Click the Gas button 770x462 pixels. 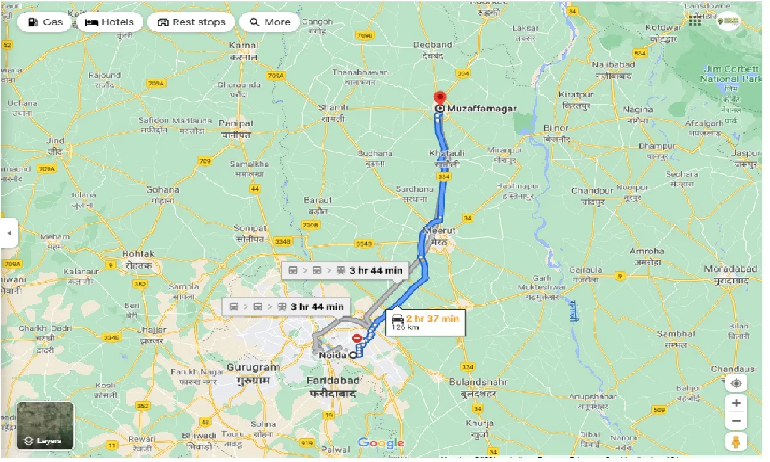[x=46, y=22]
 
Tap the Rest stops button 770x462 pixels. [x=191, y=22]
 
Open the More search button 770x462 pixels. [x=269, y=22]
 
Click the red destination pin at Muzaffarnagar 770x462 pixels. [x=440, y=98]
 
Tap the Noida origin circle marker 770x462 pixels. [x=352, y=355]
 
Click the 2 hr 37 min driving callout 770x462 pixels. [x=425, y=322]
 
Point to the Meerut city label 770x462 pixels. [x=440, y=230]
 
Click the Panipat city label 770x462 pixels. [x=236, y=123]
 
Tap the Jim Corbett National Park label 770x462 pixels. [x=731, y=74]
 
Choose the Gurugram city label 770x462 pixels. [x=253, y=367]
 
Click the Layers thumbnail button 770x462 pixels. [x=46, y=426]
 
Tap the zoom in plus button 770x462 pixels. [x=736, y=402]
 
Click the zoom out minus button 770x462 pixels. [x=736, y=420]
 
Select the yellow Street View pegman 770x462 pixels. [x=736, y=442]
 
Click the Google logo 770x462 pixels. [x=380, y=443]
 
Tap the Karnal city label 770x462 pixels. [x=244, y=45]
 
